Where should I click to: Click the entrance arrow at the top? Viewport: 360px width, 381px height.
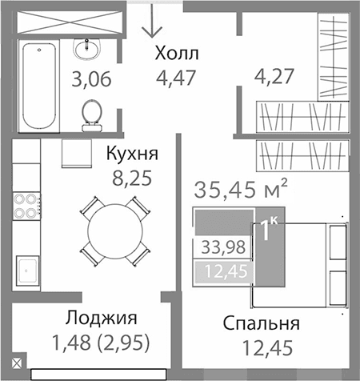click(x=150, y=24)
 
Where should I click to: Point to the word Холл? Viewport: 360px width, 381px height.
click(x=175, y=55)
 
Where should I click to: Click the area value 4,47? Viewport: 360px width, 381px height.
click(x=175, y=78)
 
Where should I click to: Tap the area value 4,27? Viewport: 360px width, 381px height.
click(x=274, y=78)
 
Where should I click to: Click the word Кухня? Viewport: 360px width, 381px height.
click(x=132, y=154)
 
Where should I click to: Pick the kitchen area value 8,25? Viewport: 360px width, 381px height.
click(x=132, y=177)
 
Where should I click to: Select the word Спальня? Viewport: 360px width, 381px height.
click(x=262, y=324)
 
